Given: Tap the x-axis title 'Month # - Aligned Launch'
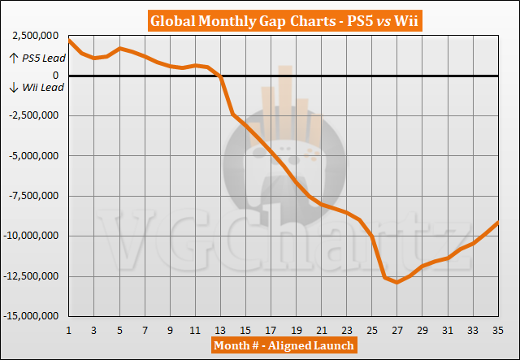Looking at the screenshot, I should pyautogui.click(x=283, y=345).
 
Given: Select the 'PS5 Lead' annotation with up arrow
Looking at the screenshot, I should pyautogui.click(x=38, y=58).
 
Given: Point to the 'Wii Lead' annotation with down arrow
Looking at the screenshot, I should pyautogui.click(x=37, y=88).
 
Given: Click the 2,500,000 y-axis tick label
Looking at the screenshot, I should pyautogui.click(x=33, y=37).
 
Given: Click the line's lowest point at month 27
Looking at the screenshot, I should pyautogui.click(x=396, y=282).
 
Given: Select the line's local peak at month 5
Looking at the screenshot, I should pyautogui.click(x=120, y=48).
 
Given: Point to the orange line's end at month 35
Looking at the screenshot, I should pyautogui.click(x=497, y=223).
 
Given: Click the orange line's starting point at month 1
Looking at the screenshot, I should pyautogui.click(x=70, y=40).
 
